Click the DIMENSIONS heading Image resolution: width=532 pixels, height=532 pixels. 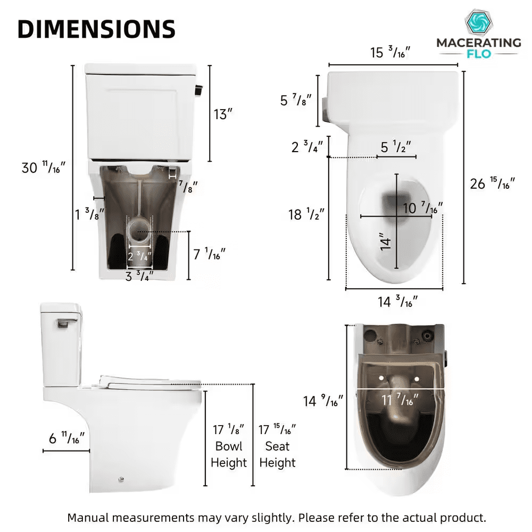96,29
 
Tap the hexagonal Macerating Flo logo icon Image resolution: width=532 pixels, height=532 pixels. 478,23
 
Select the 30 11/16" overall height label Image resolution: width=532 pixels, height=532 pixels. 44,167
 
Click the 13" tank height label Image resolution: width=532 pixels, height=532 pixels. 223,114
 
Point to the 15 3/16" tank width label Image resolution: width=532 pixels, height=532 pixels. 390,52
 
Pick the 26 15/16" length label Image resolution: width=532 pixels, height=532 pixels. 492,183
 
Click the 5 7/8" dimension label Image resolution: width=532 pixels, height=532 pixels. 295,100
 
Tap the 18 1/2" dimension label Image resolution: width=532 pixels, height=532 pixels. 306,214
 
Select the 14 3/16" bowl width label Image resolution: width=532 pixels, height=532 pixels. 397,301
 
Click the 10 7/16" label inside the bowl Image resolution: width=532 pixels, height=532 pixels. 423,207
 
